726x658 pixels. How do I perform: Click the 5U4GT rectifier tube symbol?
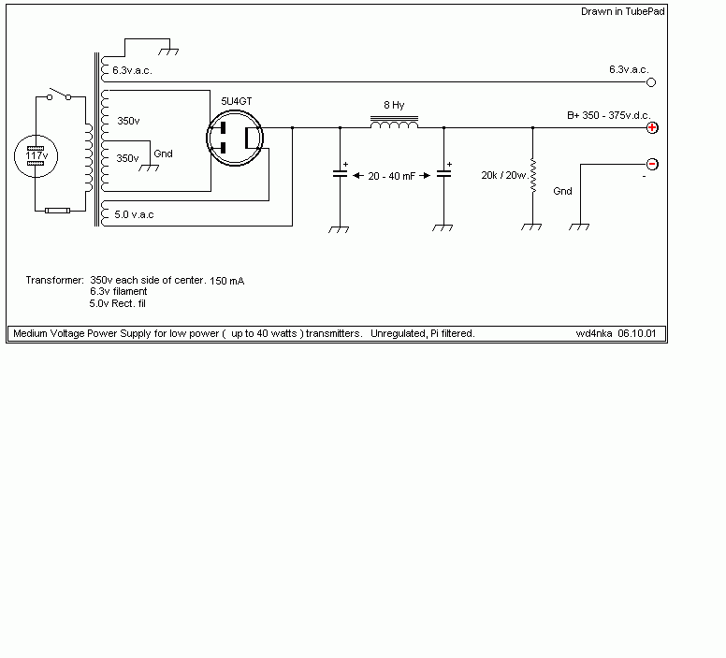[235, 138]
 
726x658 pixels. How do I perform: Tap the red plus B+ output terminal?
[652, 127]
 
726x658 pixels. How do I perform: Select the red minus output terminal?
[652, 164]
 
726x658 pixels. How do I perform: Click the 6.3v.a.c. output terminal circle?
[651, 82]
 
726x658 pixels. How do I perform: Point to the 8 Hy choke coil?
[394, 123]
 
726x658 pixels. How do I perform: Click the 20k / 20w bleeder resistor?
[533, 176]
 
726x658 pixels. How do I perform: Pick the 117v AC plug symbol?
[36, 156]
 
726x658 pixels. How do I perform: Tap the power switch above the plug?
[59, 95]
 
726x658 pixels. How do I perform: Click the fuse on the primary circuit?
[57, 211]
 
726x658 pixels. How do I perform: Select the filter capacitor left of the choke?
[340, 174]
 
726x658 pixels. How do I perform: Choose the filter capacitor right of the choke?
[443, 174]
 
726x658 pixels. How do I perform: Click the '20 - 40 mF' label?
[391, 176]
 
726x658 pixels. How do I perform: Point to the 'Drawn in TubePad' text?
[623, 11]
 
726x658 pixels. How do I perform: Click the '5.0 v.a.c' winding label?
[134, 214]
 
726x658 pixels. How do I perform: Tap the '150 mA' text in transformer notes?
[226, 281]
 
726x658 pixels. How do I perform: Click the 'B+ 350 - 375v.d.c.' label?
[609, 115]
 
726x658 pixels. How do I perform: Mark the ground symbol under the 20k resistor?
[531, 227]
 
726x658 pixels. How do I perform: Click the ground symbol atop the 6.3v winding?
[168, 51]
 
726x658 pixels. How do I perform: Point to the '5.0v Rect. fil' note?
[118, 303]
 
